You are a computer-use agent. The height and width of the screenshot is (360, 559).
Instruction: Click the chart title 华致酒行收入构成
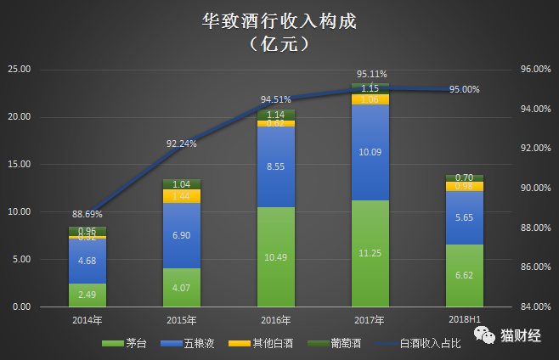click(x=279, y=20)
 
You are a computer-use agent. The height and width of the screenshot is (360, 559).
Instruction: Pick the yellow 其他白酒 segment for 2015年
click(x=181, y=196)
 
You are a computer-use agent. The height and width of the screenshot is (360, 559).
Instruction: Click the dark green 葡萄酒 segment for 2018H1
click(x=464, y=177)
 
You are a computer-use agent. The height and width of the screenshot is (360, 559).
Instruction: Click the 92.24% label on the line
click(x=181, y=143)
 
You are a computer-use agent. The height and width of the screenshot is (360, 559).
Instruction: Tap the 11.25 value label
click(x=370, y=252)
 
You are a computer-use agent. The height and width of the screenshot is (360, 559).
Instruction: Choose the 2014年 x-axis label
click(x=87, y=320)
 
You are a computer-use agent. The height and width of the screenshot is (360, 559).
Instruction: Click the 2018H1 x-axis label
click(x=464, y=320)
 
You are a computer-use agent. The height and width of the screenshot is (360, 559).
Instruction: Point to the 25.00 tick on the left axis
click(x=19, y=69)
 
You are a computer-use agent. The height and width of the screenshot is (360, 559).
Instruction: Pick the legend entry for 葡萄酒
click(x=338, y=343)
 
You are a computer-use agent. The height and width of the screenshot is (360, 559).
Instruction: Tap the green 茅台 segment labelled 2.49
click(x=87, y=295)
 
